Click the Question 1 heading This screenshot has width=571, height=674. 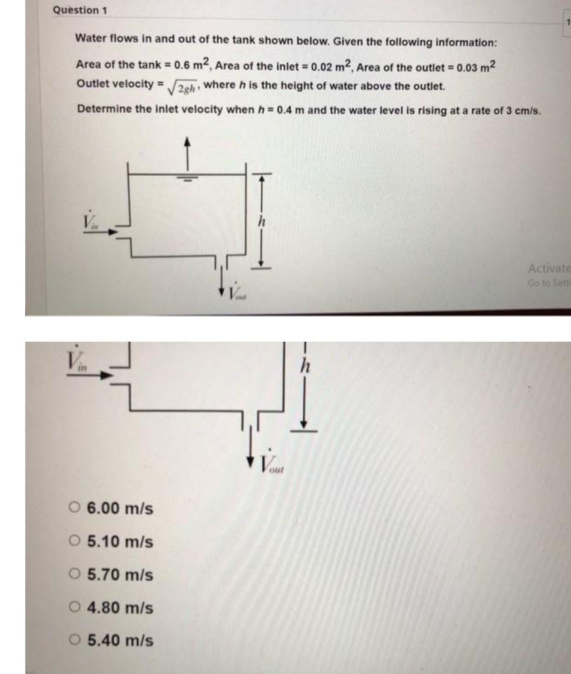click(x=76, y=10)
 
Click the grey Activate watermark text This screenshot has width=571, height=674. click(x=548, y=268)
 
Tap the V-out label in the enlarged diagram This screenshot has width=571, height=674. click(x=274, y=463)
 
